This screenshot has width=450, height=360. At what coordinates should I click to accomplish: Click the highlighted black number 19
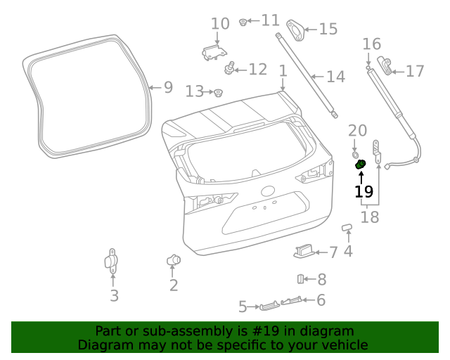[x=364, y=191]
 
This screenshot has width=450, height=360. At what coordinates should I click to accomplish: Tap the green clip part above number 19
[x=361, y=165]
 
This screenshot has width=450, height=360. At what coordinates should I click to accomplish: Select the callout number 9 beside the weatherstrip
[x=168, y=88]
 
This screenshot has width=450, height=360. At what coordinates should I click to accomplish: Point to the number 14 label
[x=335, y=77]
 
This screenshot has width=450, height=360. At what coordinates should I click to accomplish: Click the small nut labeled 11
[x=243, y=22]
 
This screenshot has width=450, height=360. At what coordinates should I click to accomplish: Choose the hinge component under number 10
[x=213, y=51]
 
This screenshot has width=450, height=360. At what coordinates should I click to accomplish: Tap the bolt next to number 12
[x=229, y=69]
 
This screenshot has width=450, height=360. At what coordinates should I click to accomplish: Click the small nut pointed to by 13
[x=218, y=92]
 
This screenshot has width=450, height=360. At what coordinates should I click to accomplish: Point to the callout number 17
[x=415, y=71]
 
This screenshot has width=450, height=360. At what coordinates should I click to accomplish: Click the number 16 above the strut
[x=371, y=45]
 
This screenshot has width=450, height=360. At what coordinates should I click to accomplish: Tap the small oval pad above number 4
[x=347, y=227]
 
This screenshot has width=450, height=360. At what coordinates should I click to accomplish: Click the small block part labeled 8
[x=300, y=279]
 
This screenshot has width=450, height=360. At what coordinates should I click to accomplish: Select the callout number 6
[x=321, y=300]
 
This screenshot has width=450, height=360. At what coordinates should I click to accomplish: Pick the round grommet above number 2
[x=174, y=261]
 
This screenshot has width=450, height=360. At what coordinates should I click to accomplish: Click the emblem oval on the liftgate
[x=268, y=191]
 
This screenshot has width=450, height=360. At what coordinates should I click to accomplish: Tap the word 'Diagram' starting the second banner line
[x=103, y=345]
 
